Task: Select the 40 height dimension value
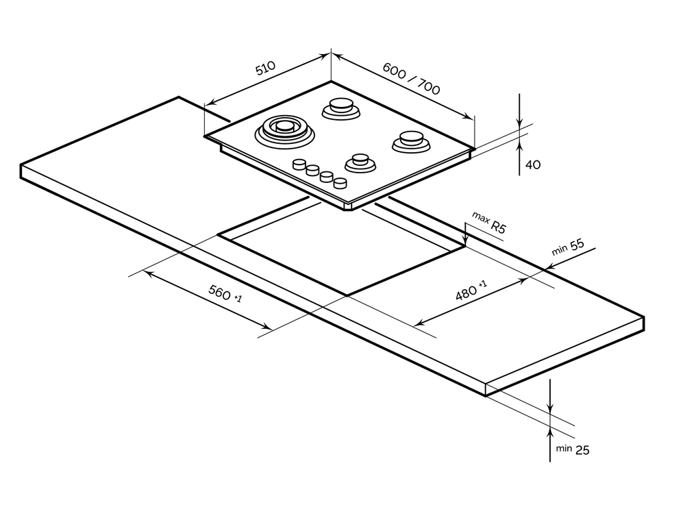[533, 164]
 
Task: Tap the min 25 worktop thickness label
[573, 449]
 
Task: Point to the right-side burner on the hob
[411, 140]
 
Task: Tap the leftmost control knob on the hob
[299, 164]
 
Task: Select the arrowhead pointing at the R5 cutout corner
[465, 241]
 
